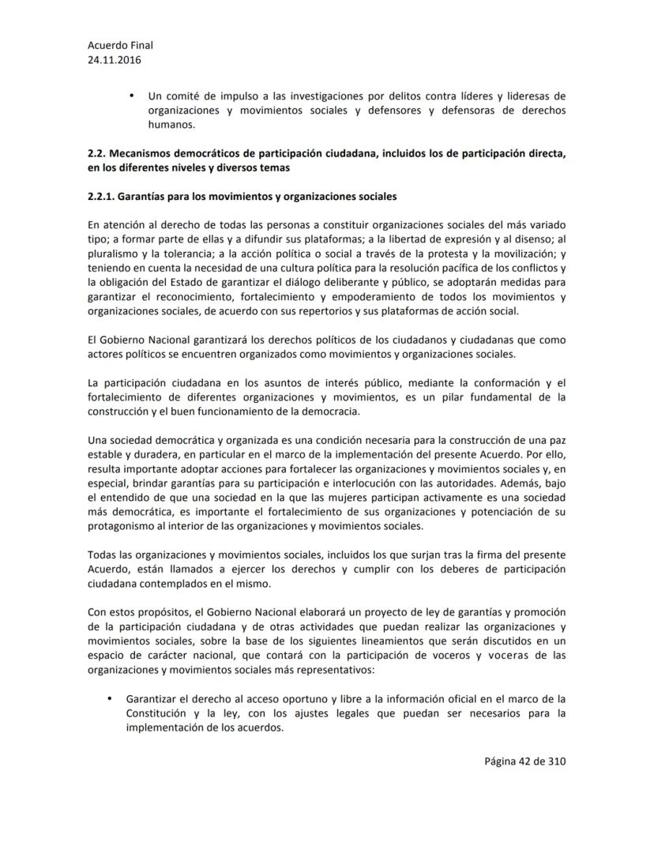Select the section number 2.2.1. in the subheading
click(103, 195)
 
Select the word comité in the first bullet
click(183, 96)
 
